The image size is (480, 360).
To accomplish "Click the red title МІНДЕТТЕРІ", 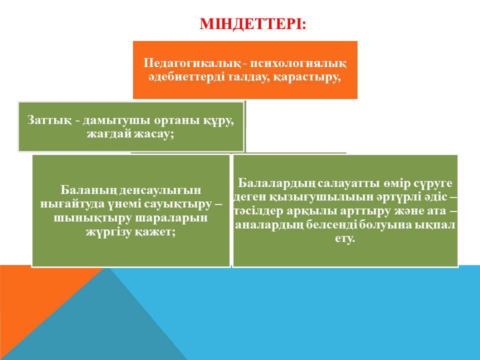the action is [x=252, y=24].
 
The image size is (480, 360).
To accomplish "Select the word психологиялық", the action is [x=298, y=63].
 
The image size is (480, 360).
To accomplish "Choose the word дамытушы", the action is [x=116, y=120].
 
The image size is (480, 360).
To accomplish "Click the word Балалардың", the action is [x=276, y=183].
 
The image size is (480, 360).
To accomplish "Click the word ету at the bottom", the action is [x=344, y=238].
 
